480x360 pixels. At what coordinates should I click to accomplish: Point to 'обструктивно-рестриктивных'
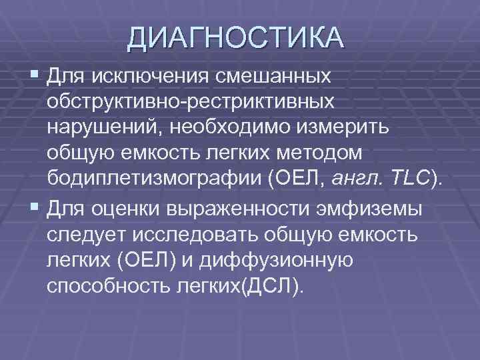point(190,103)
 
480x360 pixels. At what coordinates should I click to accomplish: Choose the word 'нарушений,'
point(104,129)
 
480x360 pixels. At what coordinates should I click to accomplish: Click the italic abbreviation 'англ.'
point(353,179)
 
